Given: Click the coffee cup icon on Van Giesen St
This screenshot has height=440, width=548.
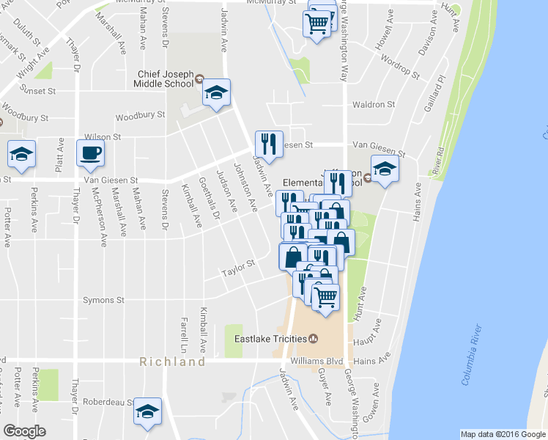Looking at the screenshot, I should tap(90, 153).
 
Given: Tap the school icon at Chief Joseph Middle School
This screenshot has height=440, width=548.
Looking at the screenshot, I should tap(216, 92).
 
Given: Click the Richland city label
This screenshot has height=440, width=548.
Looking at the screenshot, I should tap(173, 362).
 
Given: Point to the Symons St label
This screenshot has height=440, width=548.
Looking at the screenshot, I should tap(103, 301).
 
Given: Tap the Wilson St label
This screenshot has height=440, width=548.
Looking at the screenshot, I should tap(102, 136).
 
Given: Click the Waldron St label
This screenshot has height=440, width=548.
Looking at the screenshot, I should tap(374, 105).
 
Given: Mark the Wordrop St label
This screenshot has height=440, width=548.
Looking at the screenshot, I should tap(401, 68).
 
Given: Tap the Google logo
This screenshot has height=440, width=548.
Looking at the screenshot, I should tap(25, 431).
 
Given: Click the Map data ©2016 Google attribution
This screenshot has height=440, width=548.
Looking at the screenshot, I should tap(502, 434).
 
